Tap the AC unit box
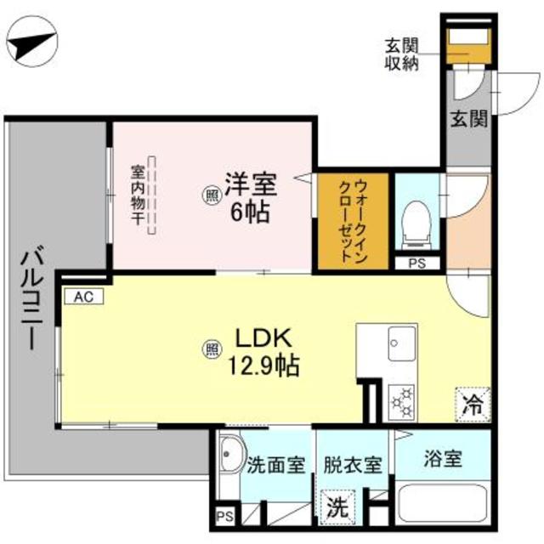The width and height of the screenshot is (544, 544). coord(82,297)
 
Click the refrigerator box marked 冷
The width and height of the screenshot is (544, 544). coord(472,403)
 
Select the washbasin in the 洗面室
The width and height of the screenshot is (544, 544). coord(228,460)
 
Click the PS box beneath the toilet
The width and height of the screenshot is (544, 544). coord(417,263)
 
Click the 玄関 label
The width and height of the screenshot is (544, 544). coord(467,119)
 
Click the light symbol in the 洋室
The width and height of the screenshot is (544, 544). coord(210,196)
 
